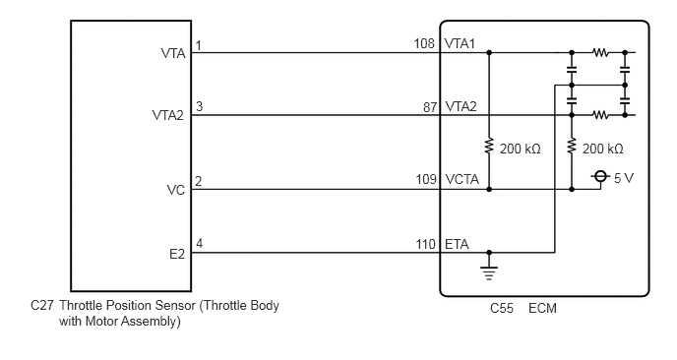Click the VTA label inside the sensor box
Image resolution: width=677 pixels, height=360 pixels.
point(173,53)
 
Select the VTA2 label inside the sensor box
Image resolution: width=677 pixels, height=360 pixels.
point(168,115)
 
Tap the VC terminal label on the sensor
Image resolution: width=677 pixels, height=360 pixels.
point(176,190)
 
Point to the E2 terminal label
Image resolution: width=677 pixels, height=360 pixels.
point(177,254)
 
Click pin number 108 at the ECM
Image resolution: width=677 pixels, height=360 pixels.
point(424,43)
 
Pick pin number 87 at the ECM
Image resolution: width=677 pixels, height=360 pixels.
point(430,107)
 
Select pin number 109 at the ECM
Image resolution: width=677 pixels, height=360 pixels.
point(426,179)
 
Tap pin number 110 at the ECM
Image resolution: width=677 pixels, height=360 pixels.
point(426,244)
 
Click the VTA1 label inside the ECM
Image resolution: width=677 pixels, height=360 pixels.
point(460,43)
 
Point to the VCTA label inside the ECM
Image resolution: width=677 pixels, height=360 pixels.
point(462,179)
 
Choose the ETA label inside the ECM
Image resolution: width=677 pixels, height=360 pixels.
point(457,244)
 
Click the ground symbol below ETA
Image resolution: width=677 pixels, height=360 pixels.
point(489,270)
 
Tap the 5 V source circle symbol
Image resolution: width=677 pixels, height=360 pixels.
point(599,176)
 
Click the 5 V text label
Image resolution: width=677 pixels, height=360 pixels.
point(624,178)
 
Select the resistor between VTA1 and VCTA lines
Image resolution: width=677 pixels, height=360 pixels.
point(489,146)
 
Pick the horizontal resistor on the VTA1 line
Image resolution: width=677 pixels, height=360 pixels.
point(600,53)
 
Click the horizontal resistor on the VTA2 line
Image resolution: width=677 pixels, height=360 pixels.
point(600,115)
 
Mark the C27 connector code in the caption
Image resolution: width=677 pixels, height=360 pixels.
point(42,306)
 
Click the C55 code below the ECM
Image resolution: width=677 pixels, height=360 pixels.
point(502,308)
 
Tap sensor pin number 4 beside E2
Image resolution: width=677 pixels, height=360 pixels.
point(199,244)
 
